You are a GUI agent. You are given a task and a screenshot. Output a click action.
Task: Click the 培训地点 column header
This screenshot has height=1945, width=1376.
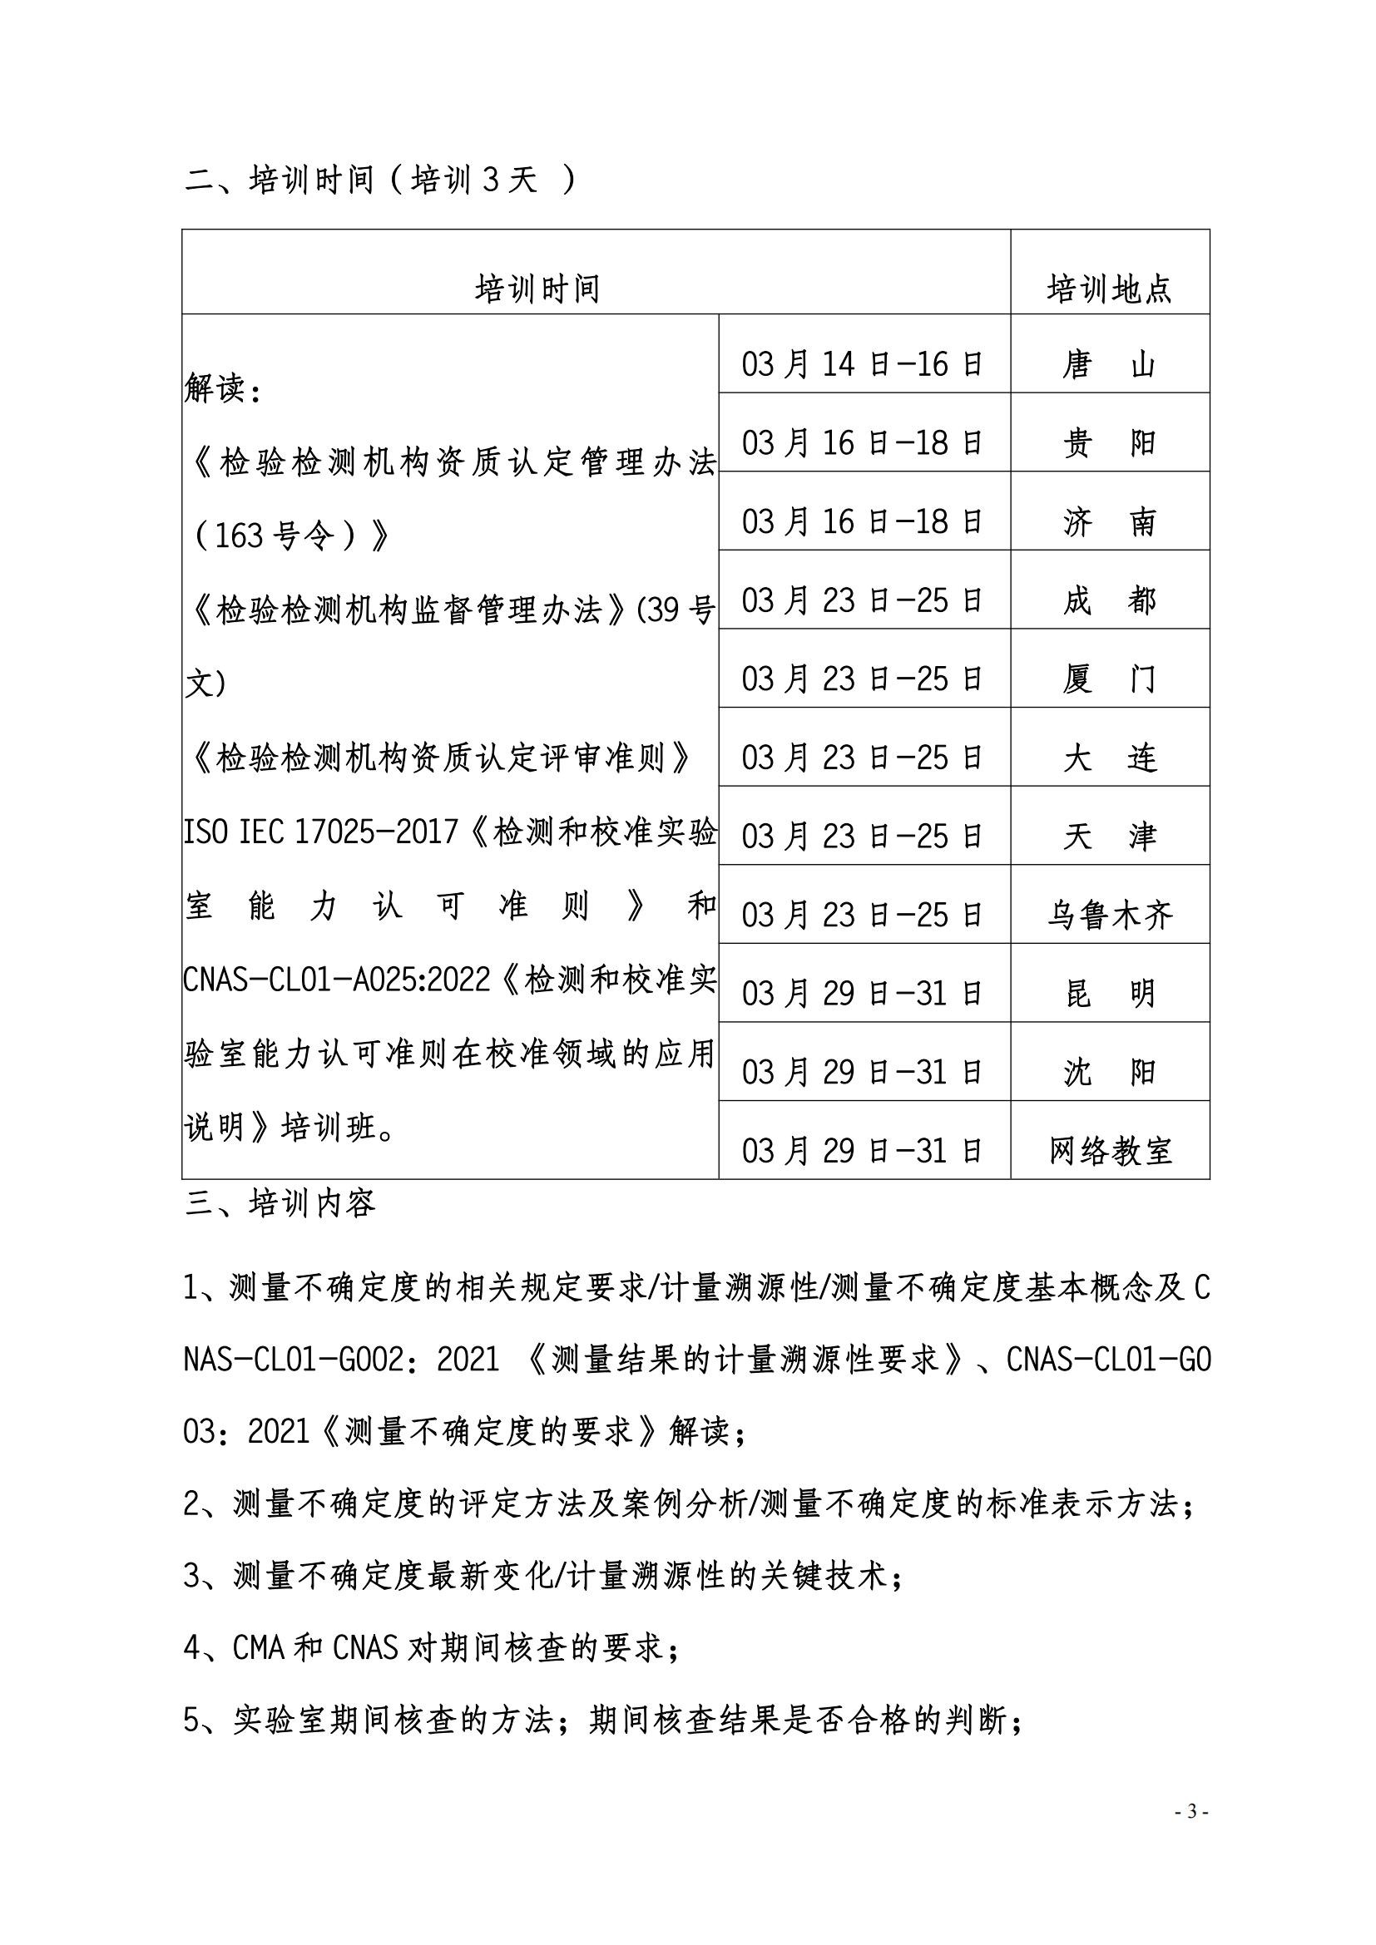[1109, 289]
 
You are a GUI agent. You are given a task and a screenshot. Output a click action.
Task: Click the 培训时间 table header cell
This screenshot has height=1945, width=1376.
[537, 289]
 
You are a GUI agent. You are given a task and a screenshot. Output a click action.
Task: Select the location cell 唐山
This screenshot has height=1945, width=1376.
[1109, 364]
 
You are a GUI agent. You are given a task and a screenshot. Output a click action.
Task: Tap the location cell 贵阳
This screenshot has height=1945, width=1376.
[1109, 443]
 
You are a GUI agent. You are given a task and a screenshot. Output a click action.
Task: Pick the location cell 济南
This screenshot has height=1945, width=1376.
[1109, 522]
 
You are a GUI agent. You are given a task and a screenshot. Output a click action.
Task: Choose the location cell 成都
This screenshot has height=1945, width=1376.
[1109, 600]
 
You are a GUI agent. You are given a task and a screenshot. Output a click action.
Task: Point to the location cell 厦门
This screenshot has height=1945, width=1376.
[1109, 679]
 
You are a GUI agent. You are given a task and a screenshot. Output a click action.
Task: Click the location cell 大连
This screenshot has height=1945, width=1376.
[1109, 758]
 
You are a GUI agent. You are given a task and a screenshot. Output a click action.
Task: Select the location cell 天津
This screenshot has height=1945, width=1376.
[1109, 836]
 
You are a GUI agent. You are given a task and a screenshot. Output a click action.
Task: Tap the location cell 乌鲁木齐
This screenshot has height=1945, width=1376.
[1109, 915]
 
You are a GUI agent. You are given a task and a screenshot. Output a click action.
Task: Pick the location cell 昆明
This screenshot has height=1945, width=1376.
[1109, 994]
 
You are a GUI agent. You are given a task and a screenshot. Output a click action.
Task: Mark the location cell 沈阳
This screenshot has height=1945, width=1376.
[1109, 1073]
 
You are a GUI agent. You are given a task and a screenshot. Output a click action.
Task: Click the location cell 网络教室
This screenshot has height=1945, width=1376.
[1109, 1150]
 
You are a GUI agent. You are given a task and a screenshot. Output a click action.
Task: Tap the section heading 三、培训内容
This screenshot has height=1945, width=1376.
[280, 1204]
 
